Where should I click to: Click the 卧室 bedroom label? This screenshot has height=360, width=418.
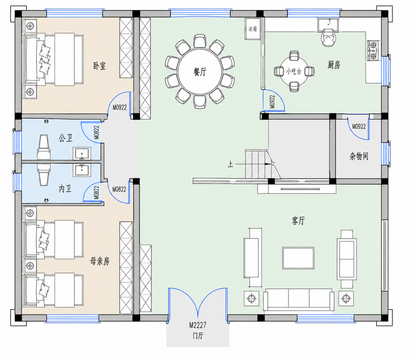[x=99, y=66]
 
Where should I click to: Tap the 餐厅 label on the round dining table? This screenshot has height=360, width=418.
[x=200, y=72]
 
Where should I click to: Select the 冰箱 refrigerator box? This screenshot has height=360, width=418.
[x=252, y=29]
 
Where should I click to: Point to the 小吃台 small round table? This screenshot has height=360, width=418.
[x=294, y=71]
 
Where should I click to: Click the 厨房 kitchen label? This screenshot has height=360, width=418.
[x=334, y=65]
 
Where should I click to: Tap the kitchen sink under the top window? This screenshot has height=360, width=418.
[x=328, y=25]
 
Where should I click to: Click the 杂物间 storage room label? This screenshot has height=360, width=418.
[x=359, y=156]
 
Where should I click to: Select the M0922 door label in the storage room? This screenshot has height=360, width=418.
[x=359, y=126]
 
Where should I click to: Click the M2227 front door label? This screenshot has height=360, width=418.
[x=198, y=325]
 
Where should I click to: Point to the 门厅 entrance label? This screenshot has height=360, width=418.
[x=198, y=336]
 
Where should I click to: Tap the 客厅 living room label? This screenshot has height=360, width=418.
[x=298, y=221]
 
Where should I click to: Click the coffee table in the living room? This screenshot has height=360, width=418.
[x=298, y=258]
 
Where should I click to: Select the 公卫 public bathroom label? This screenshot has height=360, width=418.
[x=66, y=138]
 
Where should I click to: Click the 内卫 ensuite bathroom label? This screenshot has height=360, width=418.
[x=65, y=189]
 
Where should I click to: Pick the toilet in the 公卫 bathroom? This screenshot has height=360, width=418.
[x=44, y=147]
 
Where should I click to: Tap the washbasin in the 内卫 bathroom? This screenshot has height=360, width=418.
[x=82, y=170]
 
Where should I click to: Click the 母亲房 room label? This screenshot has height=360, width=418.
[x=100, y=261]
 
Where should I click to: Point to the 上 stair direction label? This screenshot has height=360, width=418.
[x=230, y=164]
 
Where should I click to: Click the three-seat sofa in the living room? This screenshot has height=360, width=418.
[x=299, y=300]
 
